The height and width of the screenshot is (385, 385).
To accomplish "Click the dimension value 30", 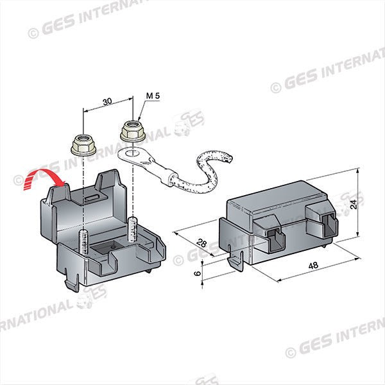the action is [108, 101].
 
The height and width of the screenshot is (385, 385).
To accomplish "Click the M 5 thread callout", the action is [153, 96].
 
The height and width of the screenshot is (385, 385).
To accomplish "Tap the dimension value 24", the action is [354, 204].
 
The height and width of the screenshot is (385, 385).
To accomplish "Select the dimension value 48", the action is [313, 266].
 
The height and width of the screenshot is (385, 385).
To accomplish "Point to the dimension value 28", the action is [202, 243].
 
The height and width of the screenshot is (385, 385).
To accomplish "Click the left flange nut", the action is [83, 145].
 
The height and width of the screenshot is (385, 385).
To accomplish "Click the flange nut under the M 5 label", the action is [133, 131].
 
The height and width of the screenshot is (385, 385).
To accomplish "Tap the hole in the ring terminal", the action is [131, 154].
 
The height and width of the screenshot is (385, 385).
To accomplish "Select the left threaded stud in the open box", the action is [83, 242].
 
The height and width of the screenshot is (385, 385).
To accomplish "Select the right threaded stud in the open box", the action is [132, 229].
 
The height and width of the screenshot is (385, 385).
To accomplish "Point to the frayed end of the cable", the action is [227, 157].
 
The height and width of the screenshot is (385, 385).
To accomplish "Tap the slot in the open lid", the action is [92, 198].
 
